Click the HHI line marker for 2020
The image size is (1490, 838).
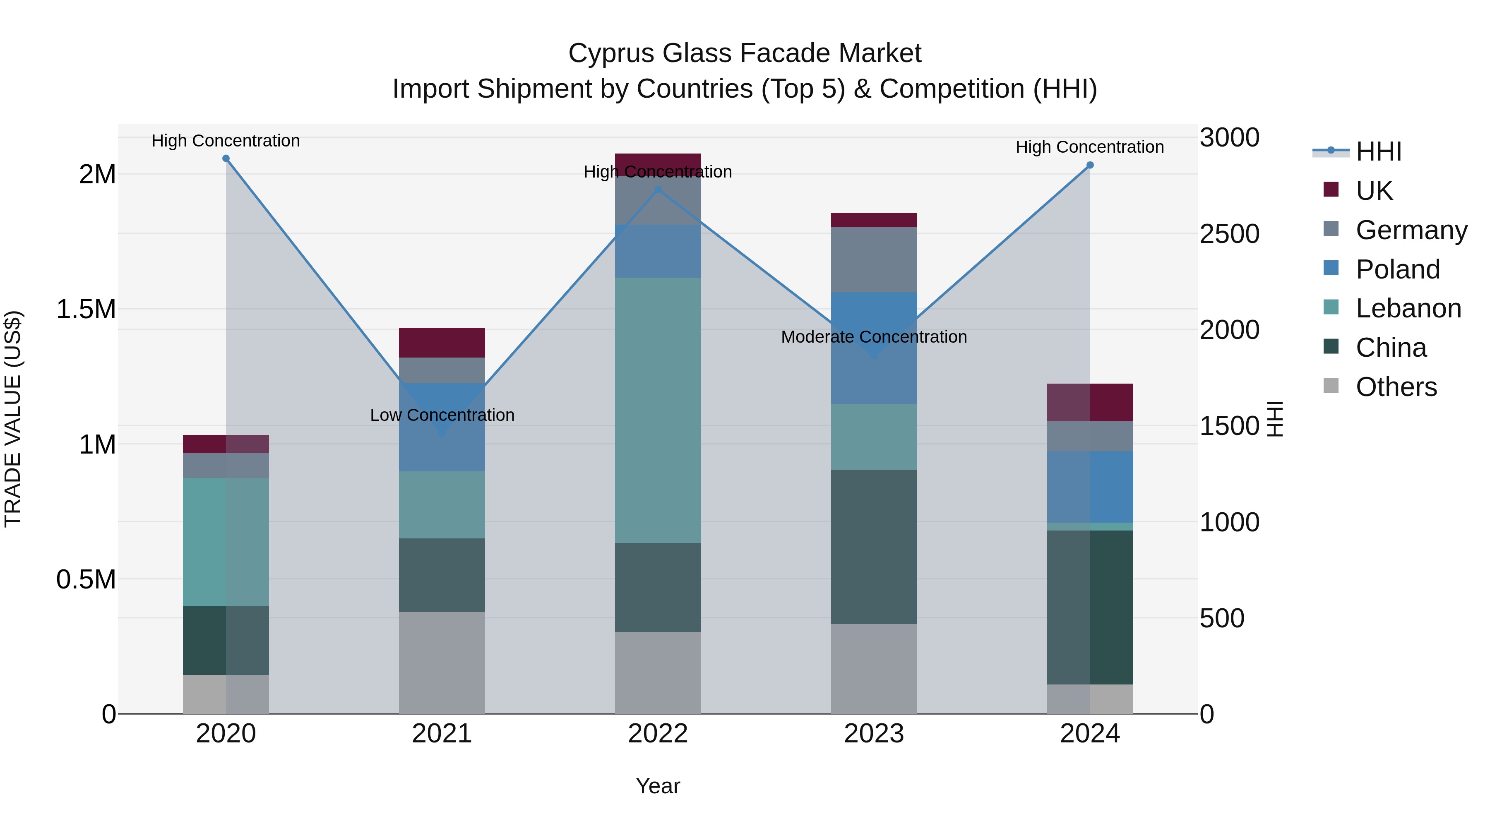click(x=226, y=158)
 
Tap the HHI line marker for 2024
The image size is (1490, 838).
click(x=1090, y=165)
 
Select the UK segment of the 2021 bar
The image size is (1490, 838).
click(x=442, y=342)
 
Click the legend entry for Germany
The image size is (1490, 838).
click(x=1411, y=230)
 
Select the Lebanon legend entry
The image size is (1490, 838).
click(x=1408, y=308)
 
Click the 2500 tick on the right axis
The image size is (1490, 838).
click(x=1229, y=234)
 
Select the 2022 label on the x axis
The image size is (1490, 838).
click(x=658, y=733)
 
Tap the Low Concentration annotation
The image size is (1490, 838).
click(x=442, y=415)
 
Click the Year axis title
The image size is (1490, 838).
click(x=658, y=786)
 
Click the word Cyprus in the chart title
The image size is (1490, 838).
click(x=611, y=53)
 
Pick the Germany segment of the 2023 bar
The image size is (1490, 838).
click(x=874, y=259)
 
